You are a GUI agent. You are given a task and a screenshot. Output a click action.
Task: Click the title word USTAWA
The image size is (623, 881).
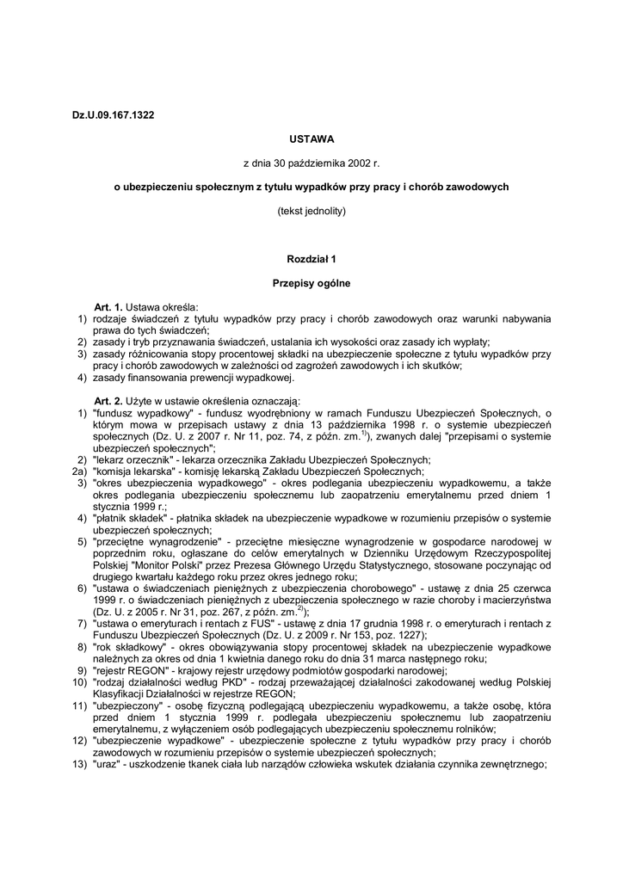coord(311,138)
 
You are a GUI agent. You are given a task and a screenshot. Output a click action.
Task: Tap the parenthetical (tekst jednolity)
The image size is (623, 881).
coord(311,210)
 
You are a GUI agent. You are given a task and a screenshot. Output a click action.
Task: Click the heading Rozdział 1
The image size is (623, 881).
coord(311,258)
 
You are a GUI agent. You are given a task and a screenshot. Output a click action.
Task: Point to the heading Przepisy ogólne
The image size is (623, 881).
coord(311,282)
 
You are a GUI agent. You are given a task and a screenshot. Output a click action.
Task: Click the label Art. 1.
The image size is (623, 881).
coord(109,306)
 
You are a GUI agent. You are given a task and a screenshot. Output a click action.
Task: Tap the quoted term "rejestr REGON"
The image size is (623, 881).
coord(129,670)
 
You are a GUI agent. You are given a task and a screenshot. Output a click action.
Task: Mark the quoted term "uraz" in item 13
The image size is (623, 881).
coord(107,765)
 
